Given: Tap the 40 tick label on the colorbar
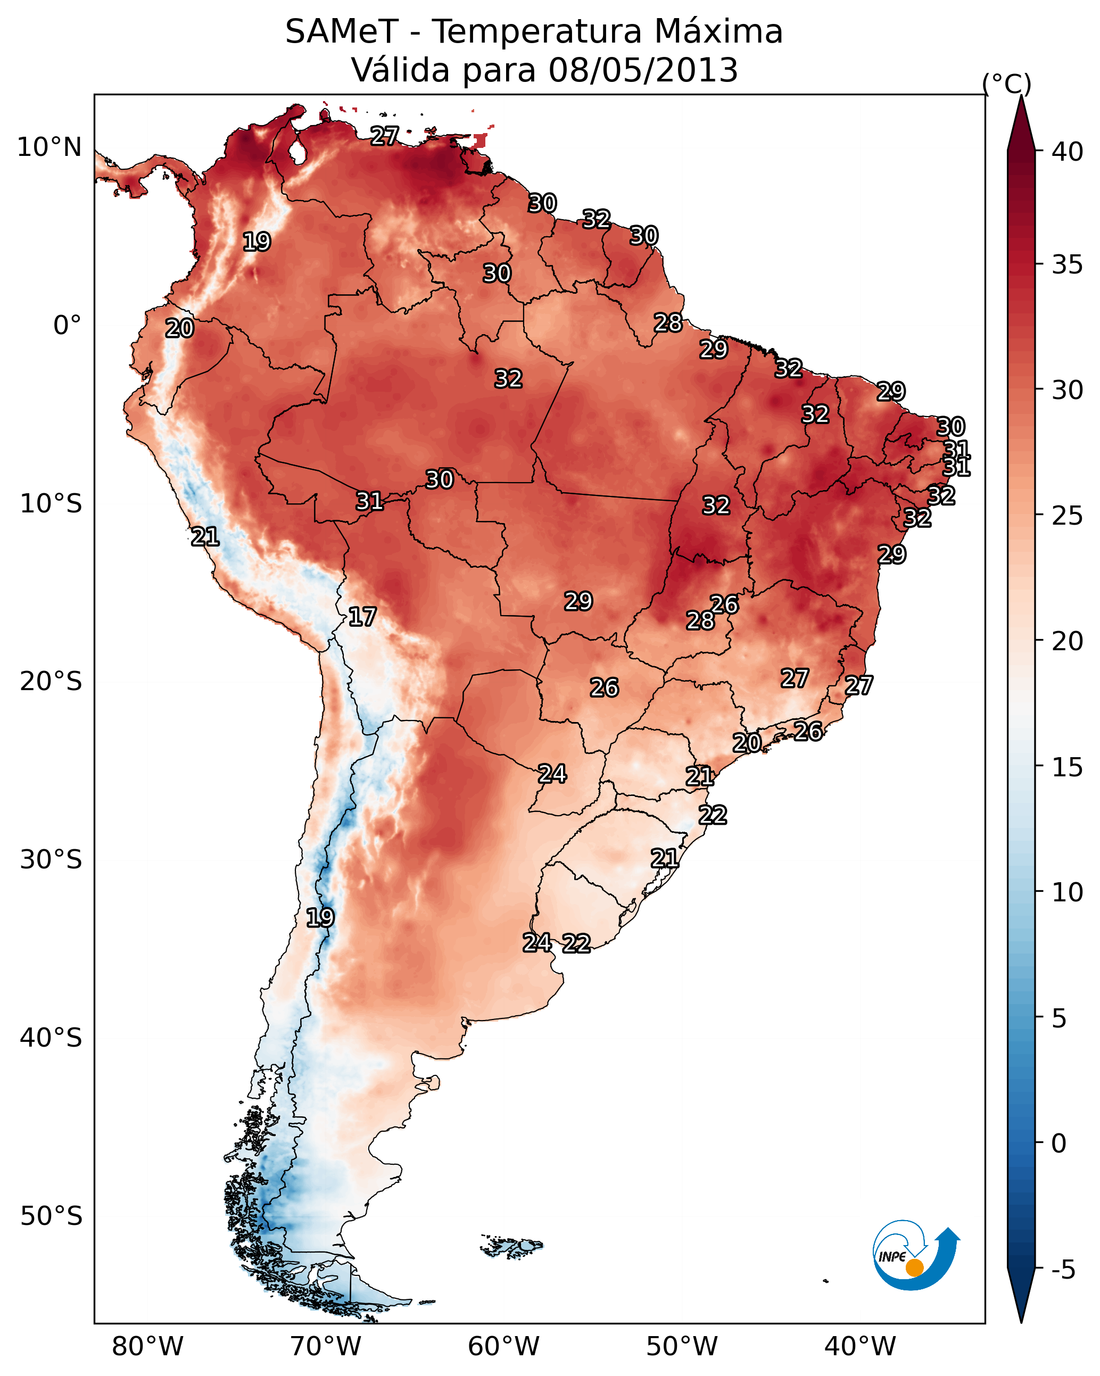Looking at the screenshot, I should tap(1068, 151).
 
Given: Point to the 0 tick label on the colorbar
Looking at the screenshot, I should tap(1059, 1143).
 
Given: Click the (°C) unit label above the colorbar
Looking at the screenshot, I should tap(1006, 84).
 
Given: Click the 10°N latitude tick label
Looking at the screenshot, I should tap(49, 147).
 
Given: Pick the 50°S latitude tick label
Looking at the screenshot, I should tap(51, 1216).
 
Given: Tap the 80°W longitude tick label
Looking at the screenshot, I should tap(147, 1346).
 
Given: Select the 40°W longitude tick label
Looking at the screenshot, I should tap(860, 1346).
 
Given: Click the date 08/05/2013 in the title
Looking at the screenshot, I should tap(643, 70).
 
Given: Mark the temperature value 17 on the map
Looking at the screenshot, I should tap(362, 617).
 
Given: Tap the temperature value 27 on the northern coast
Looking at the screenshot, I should tap(384, 135).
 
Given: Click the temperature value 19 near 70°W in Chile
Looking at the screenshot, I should tap(320, 918).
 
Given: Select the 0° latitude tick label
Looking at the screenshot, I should tap(67, 326).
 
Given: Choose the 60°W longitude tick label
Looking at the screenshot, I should tap(504, 1346).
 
